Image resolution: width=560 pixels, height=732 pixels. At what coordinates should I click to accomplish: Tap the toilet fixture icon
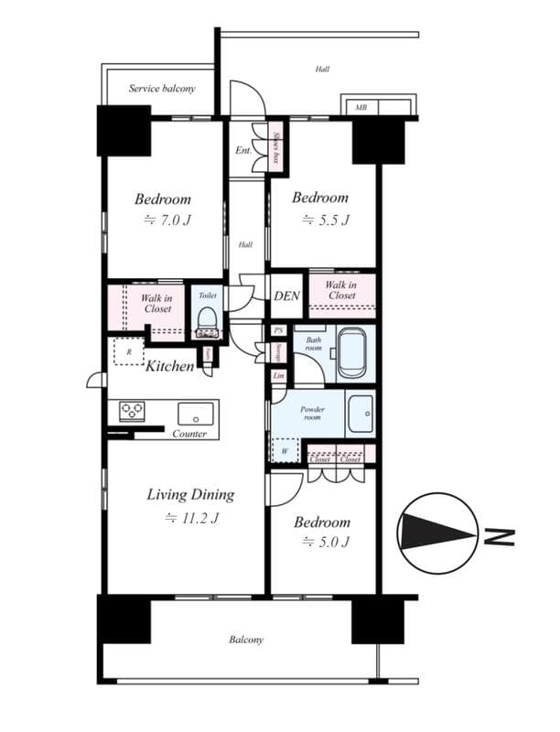point(207,322)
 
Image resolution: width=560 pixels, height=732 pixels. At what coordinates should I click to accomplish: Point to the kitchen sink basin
point(195,412)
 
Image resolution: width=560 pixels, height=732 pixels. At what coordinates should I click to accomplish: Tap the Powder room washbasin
point(361,414)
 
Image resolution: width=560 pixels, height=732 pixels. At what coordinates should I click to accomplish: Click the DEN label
point(286,296)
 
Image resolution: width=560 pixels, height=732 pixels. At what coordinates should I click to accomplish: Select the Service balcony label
point(161,89)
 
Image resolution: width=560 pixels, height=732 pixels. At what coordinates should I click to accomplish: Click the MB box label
point(361,108)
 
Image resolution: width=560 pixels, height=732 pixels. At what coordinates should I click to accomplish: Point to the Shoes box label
point(275,146)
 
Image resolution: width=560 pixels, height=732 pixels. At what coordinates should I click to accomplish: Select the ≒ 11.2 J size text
point(190,518)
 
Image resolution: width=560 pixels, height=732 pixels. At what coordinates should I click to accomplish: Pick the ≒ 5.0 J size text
point(321,543)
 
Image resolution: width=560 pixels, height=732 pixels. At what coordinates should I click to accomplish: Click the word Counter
point(189,434)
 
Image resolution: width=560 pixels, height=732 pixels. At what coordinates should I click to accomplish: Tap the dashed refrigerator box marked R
point(128,351)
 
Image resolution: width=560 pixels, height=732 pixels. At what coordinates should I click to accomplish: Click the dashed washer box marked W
point(285,450)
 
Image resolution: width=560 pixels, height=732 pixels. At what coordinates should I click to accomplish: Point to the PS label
point(278,330)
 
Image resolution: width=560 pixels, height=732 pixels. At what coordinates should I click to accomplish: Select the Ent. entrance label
point(243,149)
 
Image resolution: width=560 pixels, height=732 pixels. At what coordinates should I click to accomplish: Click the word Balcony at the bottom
point(246,640)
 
